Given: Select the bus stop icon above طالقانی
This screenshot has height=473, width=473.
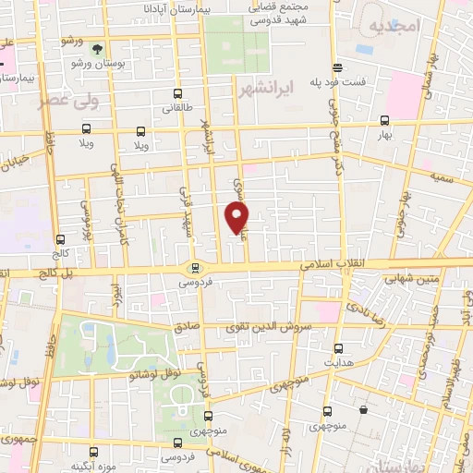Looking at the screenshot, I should tap(178, 93).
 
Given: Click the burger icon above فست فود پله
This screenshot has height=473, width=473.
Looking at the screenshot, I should tap(338, 67).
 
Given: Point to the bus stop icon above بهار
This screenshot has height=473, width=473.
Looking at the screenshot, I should tap(384, 121).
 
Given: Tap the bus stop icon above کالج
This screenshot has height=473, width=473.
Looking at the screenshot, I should tap(60, 237).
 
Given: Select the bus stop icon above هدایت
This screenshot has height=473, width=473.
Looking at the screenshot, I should tap(339, 348).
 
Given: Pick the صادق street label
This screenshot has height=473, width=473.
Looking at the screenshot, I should tap(184, 327).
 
